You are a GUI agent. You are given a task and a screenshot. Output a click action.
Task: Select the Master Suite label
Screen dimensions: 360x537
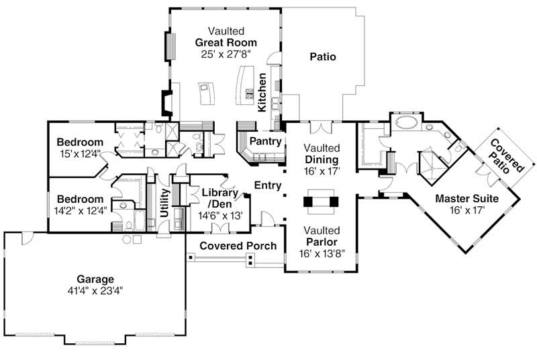[x=467, y=199]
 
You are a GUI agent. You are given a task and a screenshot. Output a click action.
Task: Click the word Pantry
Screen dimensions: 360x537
[x=259, y=141]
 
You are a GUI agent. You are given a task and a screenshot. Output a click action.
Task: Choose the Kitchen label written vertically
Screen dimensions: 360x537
[x=262, y=92]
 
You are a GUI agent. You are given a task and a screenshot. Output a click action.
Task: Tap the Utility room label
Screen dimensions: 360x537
[x=163, y=201]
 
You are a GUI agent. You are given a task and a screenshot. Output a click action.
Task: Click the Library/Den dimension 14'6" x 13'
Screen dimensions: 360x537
[x=221, y=216]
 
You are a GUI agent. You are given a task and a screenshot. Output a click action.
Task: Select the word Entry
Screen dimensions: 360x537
[x=267, y=185]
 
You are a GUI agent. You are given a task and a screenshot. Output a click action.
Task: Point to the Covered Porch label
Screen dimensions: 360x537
[x=238, y=246]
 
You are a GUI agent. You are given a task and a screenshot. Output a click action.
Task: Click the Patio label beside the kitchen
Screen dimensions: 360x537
[x=322, y=57]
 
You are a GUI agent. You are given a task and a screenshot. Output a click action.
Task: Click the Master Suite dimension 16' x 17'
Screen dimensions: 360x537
[x=467, y=210]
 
